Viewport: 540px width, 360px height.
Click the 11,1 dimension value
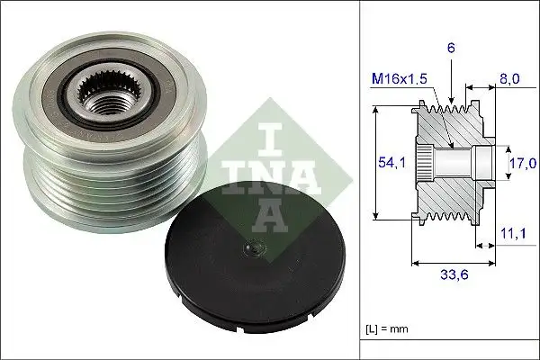click(x=511, y=234)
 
